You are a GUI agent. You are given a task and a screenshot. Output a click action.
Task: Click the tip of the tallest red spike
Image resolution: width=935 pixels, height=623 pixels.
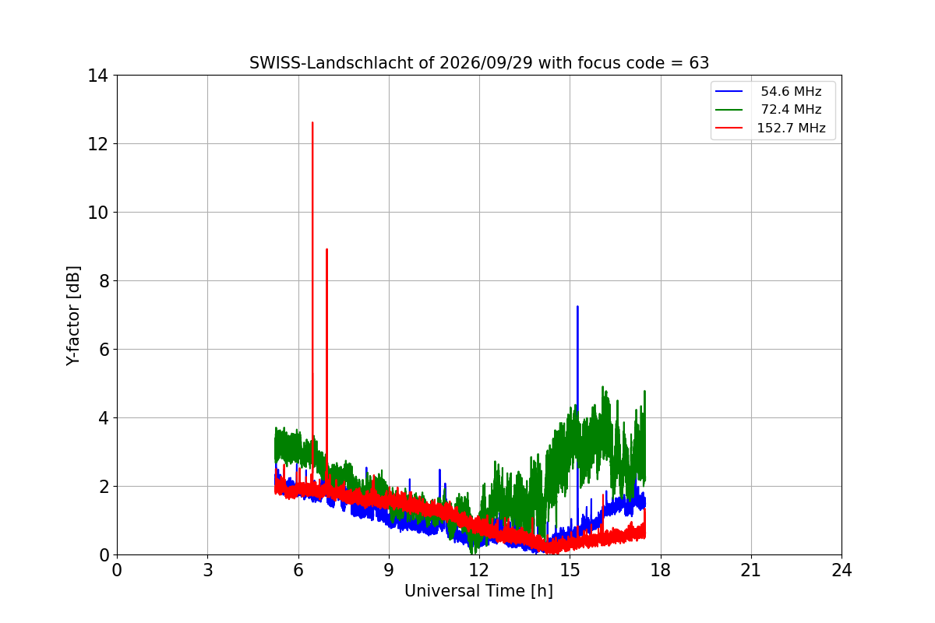click(312, 123)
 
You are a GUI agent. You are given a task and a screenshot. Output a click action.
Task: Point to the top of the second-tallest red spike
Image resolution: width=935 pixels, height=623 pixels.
click(326, 249)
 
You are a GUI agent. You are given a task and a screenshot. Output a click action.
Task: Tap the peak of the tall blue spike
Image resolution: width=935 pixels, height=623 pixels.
click(577, 307)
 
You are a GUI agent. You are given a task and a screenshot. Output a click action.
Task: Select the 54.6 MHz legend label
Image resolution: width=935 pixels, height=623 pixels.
click(791, 91)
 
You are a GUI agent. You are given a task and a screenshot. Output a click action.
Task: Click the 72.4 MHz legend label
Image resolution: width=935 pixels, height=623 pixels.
click(791, 109)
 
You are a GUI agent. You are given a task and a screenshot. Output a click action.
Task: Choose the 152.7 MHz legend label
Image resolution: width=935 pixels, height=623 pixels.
click(791, 128)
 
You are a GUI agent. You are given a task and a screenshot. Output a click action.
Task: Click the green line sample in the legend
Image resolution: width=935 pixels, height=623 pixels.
click(729, 110)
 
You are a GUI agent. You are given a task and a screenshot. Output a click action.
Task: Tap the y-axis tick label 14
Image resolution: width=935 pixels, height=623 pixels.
click(97, 76)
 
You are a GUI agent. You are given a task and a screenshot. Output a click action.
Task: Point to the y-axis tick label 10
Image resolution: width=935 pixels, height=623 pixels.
click(97, 213)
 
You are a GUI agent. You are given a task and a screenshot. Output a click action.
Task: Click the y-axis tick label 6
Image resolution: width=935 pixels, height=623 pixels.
click(104, 350)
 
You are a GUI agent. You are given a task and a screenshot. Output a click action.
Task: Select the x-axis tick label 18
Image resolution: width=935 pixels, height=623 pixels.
click(661, 570)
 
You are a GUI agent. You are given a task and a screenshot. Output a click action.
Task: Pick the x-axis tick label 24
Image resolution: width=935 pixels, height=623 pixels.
click(841, 570)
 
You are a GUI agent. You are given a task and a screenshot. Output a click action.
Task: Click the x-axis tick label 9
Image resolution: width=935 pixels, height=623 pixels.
click(389, 570)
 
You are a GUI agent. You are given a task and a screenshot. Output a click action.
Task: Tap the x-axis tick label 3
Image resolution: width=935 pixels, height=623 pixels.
click(208, 570)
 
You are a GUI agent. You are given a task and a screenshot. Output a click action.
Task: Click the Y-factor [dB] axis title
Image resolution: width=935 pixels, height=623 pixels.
click(73, 316)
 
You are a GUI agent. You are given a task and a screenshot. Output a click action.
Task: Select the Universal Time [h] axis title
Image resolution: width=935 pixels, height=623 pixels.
click(478, 591)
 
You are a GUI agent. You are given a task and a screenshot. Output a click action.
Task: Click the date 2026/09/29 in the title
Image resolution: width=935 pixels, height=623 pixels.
click(486, 63)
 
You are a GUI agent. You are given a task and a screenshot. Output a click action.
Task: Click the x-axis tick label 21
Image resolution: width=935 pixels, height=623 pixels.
click(751, 570)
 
